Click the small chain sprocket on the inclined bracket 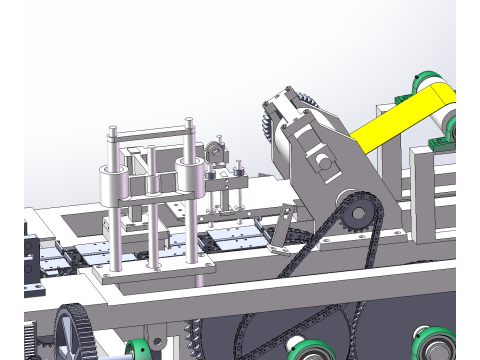pyautogui.click(x=354, y=213)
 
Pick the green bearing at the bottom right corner pyautogui.click(x=436, y=347)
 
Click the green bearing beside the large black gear pyautogui.click(x=138, y=350)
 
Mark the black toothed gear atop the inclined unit pyautogui.click(x=267, y=125)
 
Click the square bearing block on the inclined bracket pyautogui.click(x=321, y=159)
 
